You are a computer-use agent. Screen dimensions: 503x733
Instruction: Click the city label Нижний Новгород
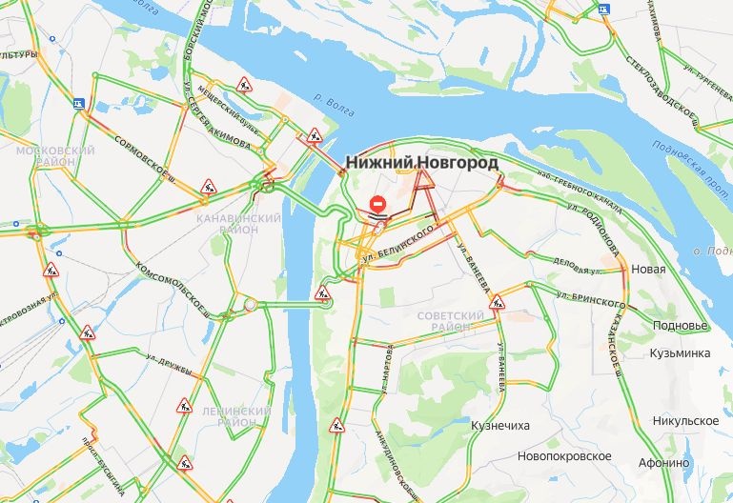pos(421,163)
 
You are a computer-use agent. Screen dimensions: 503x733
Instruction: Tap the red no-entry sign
pos(378,204)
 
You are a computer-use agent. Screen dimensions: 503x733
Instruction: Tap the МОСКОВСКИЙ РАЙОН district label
pos(55,157)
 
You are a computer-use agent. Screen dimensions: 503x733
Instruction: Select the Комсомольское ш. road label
pos(173,285)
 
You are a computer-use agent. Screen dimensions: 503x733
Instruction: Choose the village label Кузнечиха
pos(500,426)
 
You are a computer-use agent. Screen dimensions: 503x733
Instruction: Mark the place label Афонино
pos(664,463)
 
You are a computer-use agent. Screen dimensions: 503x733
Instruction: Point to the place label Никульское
pos(685,420)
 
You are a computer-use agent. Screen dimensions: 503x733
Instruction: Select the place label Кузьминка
pos(679,353)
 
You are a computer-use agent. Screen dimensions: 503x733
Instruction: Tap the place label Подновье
pos(681,325)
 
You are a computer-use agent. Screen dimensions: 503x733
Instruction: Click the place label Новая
pos(648,270)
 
